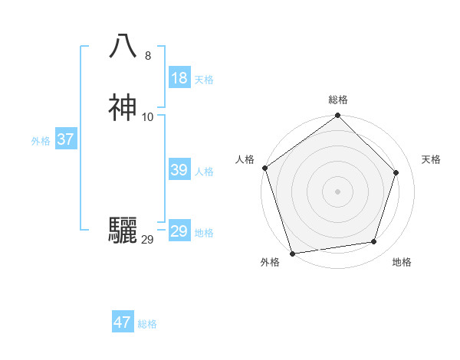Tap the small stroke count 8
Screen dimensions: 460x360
148,56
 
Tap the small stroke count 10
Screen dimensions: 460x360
148,117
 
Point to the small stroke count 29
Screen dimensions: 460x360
148,240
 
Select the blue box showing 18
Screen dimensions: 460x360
179,78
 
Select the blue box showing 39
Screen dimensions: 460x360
179,170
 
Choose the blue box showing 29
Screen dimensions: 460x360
179,231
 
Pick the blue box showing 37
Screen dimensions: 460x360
65,139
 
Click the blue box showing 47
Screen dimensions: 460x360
123,322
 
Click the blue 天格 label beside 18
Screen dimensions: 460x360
204,79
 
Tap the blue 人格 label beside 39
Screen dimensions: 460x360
204,172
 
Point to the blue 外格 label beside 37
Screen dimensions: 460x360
41,141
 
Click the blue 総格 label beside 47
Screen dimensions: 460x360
147,324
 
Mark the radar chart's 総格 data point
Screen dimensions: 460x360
337,116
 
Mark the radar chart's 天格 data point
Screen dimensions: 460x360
396,172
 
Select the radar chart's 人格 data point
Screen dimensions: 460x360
265,168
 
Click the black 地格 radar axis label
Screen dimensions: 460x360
402,262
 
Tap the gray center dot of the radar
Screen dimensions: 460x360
337,191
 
